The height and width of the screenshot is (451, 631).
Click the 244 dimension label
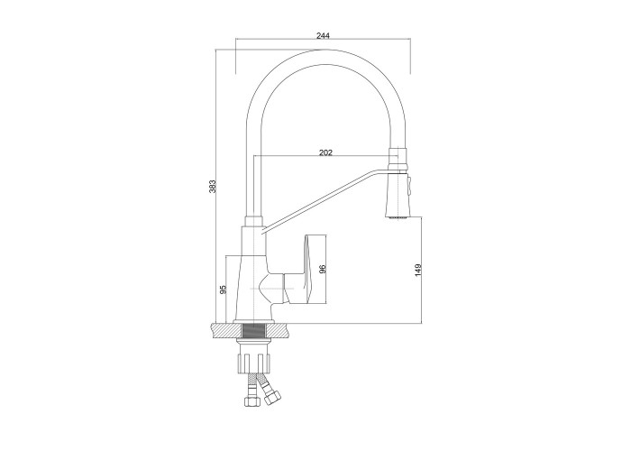[323, 35]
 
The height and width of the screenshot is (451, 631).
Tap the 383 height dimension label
[213, 186]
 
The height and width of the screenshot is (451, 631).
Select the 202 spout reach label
[325, 152]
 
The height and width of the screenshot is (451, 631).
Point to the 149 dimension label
[417, 270]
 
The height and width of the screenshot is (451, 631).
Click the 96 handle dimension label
[322, 270]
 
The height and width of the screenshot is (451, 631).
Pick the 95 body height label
[224, 289]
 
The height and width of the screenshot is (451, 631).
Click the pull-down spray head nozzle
[398, 195]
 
